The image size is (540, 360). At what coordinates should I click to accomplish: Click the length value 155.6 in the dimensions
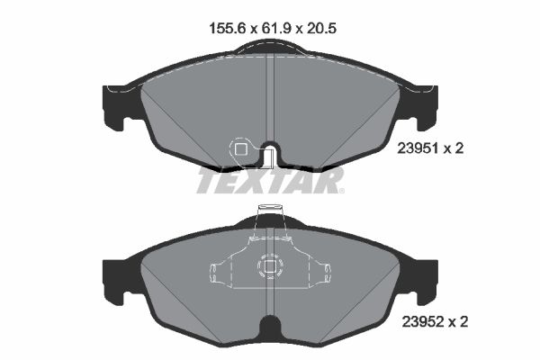pos(227,28)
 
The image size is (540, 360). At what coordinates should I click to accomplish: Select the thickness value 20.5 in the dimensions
pos(320,28)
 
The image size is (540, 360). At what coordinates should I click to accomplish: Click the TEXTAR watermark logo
pos(270,180)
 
